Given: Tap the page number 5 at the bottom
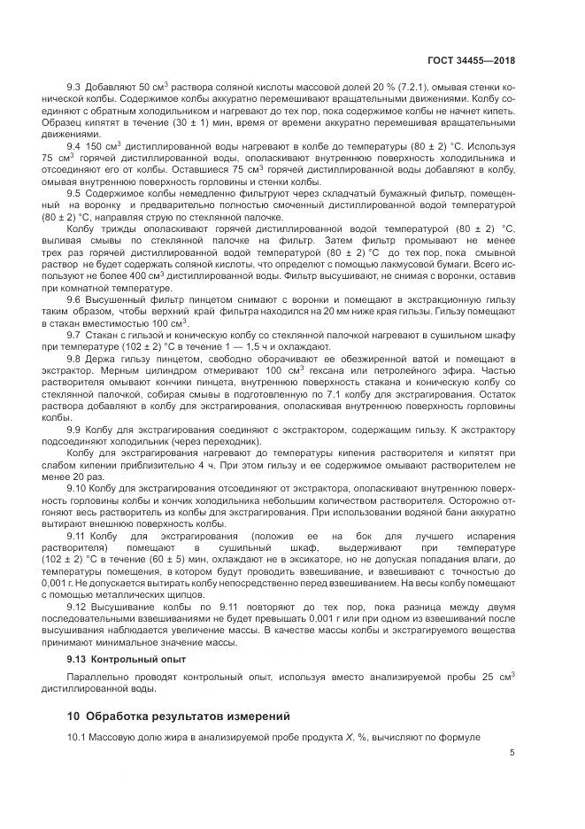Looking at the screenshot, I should pyautogui.click(x=512, y=754).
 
